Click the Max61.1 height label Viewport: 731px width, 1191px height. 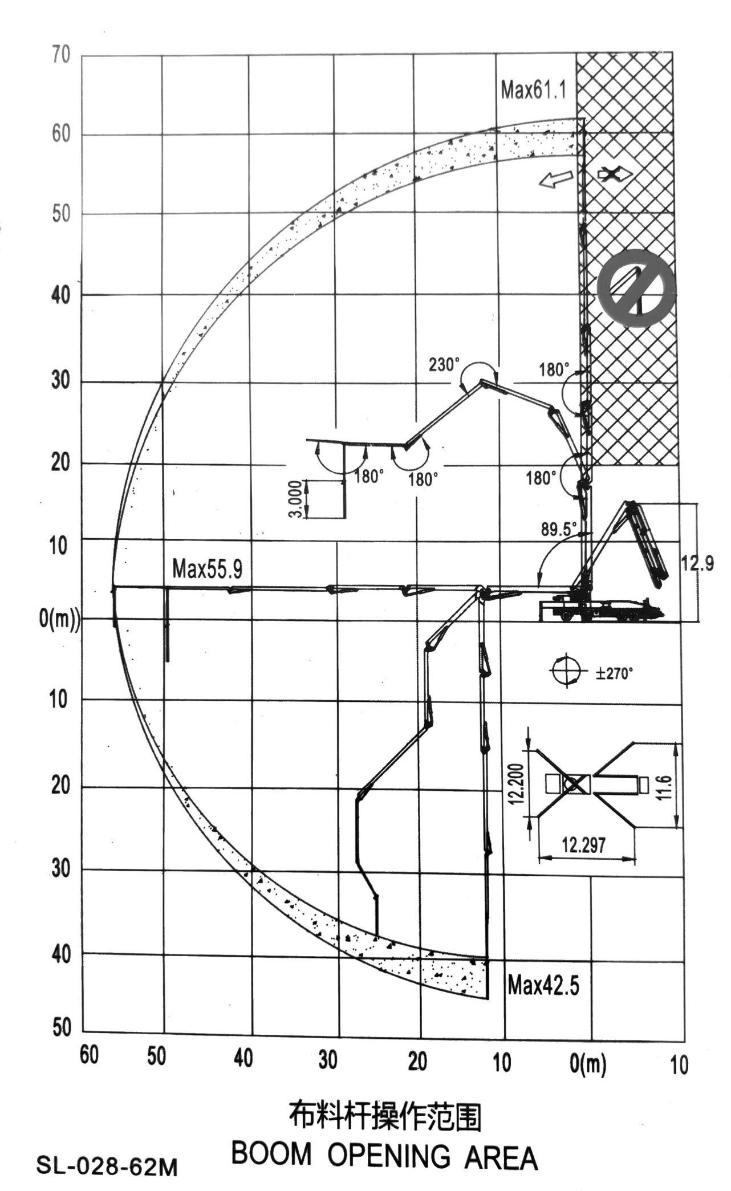tap(533, 90)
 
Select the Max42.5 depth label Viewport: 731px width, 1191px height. tap(543, 985)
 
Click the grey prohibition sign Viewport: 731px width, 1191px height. tap(636, 288)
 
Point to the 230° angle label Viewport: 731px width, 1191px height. tap(444, 364)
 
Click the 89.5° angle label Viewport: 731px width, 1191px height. tap(559, 529)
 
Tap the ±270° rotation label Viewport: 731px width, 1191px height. tap(614, 673)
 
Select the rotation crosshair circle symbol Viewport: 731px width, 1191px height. tap(565, 670)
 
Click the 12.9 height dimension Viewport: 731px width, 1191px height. tap(697, 563)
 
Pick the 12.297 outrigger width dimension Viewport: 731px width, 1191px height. tap(583, 844)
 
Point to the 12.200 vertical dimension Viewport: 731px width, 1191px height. tap(517, 784)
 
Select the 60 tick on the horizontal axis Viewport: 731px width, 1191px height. tap(89, 1055)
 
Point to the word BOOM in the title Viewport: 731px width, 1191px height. tap(271, 1155)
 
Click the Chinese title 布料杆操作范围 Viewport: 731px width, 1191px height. tap(385, 1117)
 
